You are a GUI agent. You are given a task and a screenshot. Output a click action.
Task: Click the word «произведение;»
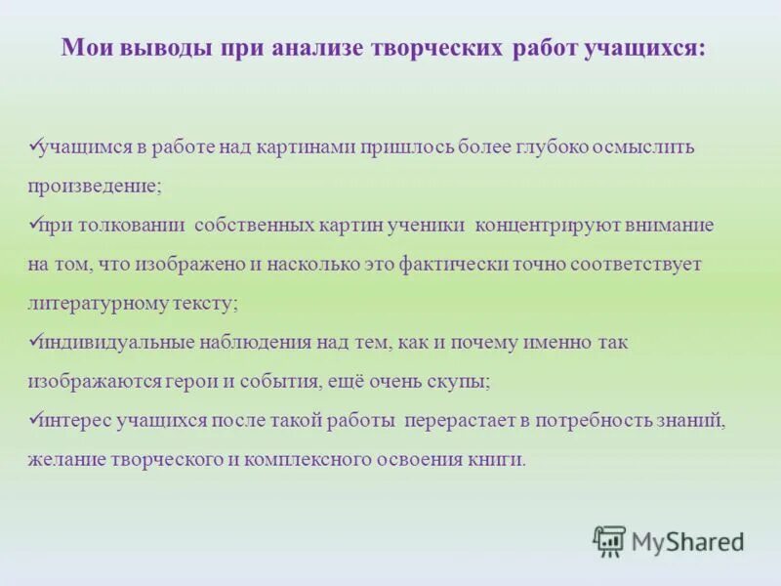pos(95,186)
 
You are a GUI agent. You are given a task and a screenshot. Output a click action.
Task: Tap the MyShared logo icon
pos(609,541)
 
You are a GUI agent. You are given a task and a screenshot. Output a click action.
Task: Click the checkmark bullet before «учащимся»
pos(33,145)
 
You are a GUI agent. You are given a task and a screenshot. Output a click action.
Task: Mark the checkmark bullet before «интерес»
pos(33,418)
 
